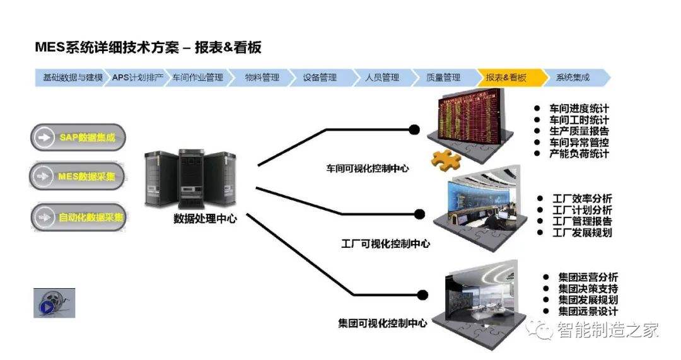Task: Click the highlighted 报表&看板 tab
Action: (x=506, y=78)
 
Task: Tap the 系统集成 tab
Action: (x=573, y=78)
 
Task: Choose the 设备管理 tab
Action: (x=320, y=78)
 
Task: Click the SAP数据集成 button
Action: (x=78, y=137)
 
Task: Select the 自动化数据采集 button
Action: (x=78, y=218)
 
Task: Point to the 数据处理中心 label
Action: (x=205, y=219)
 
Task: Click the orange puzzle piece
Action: (x=447, y=159)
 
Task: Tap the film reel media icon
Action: (x=54, y=303)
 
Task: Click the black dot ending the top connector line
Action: (x=414, y=130)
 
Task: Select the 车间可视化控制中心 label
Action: (x=367, y=168)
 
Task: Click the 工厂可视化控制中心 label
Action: (x=385, y=243)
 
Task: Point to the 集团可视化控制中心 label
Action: (x=382, y=323)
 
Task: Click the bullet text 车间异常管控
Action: (x=579, y=142)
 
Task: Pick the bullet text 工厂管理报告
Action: (x=582, y=221)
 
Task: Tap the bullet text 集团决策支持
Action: (x=588, y=289)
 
